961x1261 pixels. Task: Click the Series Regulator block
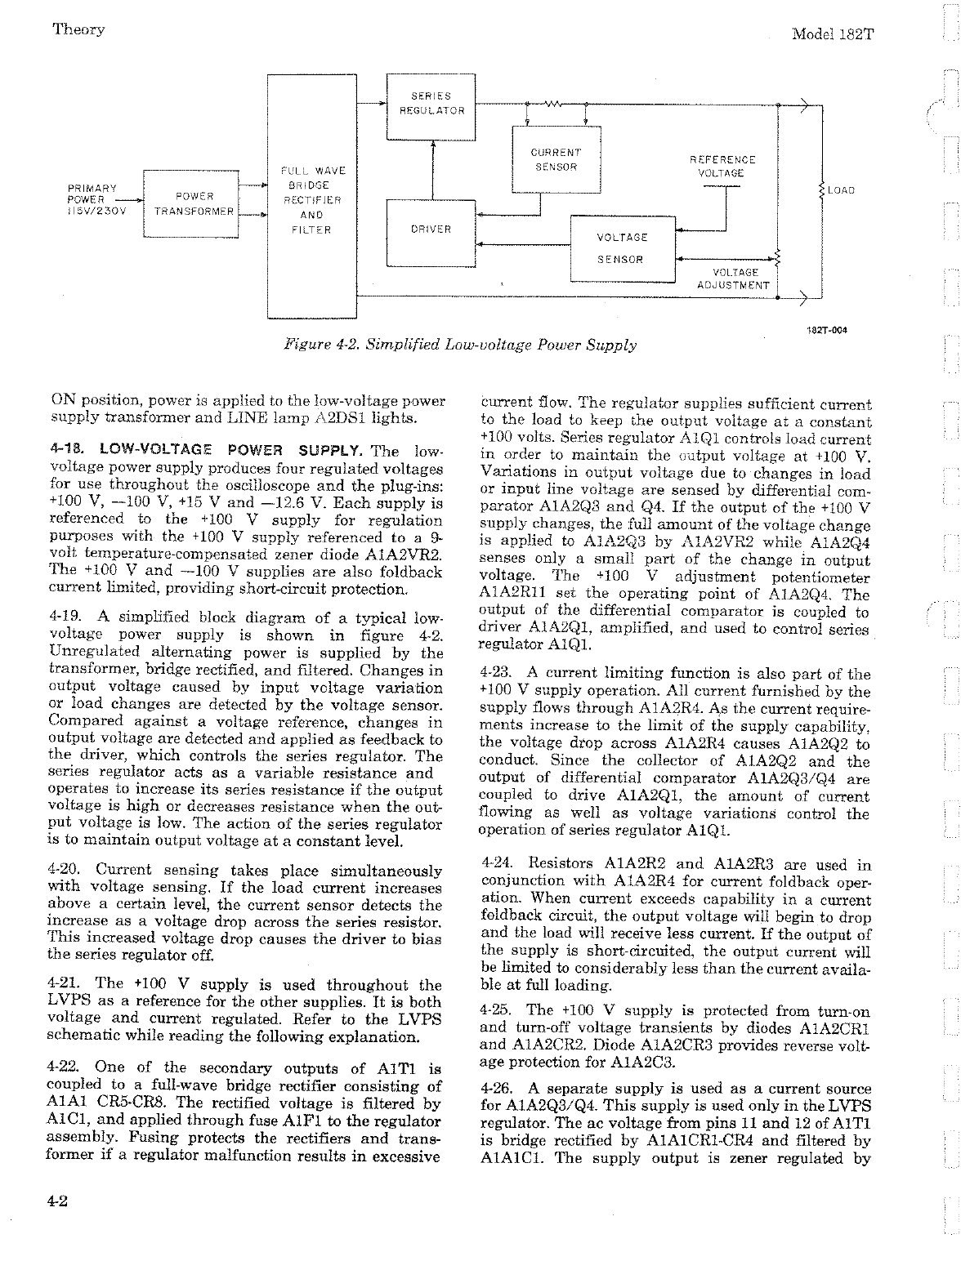431,104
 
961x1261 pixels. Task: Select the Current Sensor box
556,159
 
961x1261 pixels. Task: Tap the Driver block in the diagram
431,229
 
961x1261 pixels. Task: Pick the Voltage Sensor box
621,248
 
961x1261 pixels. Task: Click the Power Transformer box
190,203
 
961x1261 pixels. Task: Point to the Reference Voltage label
722,166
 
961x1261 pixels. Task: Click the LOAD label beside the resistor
841,190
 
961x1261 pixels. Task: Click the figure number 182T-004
827,330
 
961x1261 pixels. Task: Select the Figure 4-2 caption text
458,345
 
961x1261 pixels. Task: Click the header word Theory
78,29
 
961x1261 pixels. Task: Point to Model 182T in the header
838,33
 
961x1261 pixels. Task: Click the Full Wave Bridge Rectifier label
312,200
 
